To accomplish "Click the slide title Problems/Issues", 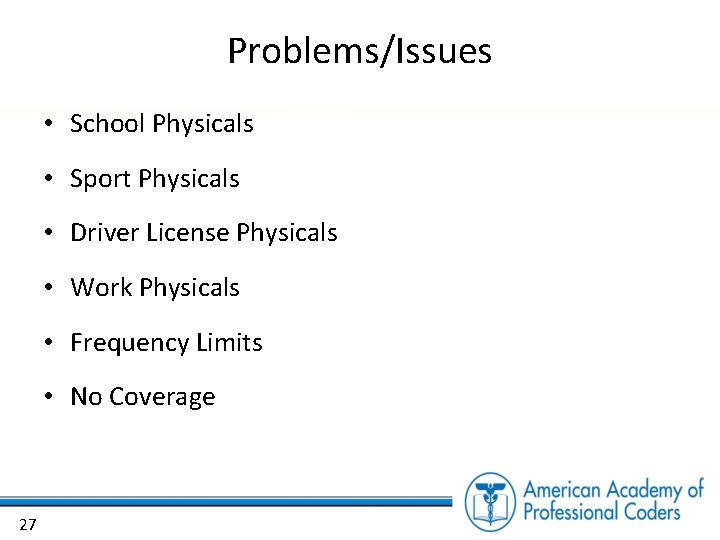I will [360, 51].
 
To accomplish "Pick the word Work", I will [101, 288].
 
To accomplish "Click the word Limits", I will [229, 342].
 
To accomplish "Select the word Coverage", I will [162, 398].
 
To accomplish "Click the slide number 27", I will [27, 524].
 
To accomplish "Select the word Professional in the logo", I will [575, 512].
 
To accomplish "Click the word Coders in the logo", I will [655, 512].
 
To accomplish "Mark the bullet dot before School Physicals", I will [48, 125].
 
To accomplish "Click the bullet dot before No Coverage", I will [48, 398].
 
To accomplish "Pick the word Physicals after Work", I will [190, 288].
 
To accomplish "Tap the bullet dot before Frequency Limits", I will [48, 343].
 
